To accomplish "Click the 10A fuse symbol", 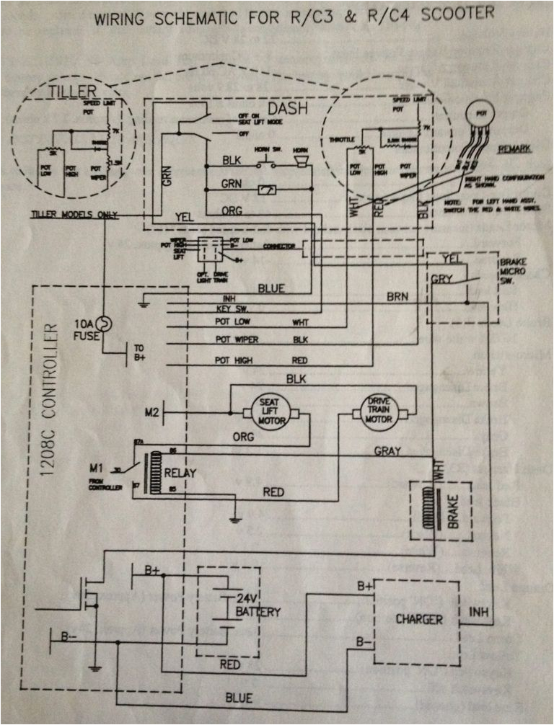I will (x=104, y=324).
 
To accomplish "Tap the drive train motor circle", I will (x=379, y=412).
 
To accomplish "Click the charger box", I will (x=419, y=619).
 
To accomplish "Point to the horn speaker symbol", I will (x=302, y=164).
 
